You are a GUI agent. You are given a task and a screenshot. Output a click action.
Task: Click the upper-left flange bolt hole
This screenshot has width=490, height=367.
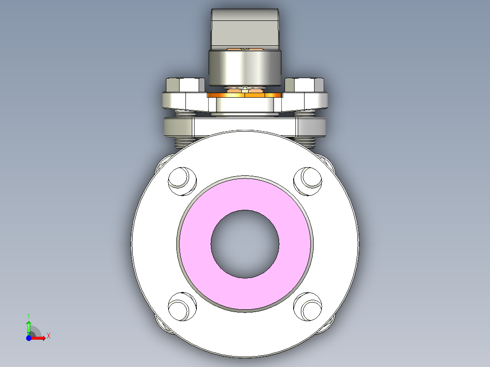coord(182,180)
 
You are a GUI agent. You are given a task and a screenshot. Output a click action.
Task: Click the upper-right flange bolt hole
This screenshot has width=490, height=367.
coord(308,180)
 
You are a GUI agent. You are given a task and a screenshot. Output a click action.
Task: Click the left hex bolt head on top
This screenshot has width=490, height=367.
coord(185,85)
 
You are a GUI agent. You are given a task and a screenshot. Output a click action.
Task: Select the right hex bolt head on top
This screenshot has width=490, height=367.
coord(305,85)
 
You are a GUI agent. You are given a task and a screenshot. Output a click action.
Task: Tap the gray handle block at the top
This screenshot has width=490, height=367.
coord(245,27)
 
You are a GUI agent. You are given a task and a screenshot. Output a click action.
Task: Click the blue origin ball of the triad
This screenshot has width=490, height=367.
coord(29,338)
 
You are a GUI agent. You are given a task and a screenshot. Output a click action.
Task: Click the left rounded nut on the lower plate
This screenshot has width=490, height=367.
coord(178,128)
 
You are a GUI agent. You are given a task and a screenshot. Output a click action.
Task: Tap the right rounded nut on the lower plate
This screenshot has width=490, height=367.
coord(312,128)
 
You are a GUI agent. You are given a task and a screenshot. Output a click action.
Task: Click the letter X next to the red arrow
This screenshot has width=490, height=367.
coord(49,336)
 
